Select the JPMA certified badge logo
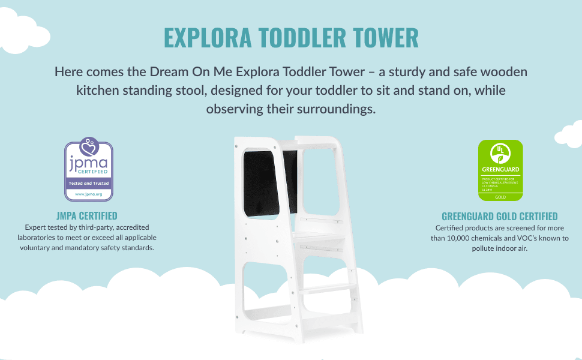pos(89,170)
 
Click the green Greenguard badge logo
pos(500,170)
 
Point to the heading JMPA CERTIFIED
pos(86,215)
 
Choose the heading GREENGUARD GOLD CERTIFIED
pos(499,216)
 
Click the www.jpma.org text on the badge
pos(89,194)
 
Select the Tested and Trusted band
pos(89,183)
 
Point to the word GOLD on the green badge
pos(500,196)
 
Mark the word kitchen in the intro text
pos(97,91)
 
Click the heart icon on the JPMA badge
pos(89,146)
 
